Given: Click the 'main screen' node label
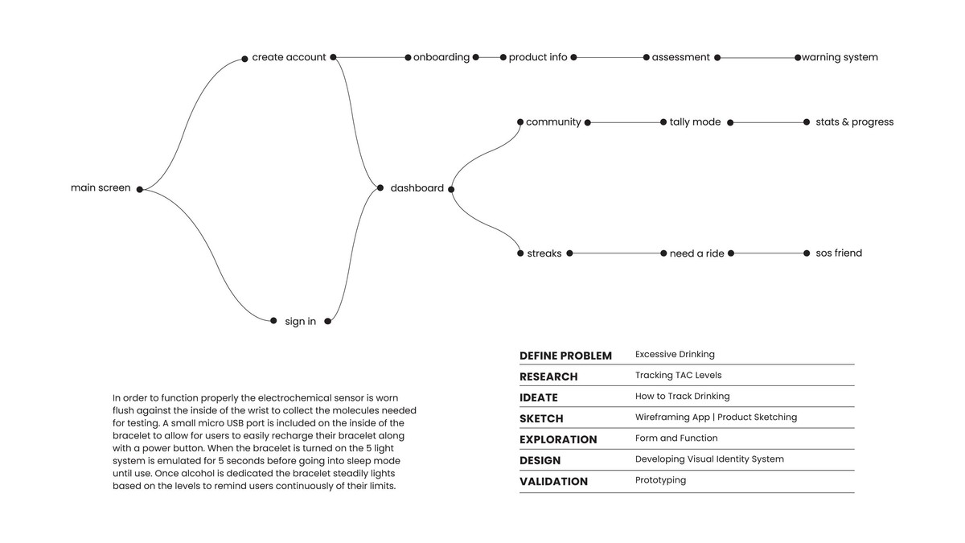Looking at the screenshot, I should (x=101, y=188).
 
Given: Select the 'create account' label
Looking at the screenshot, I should (x=289, y=57).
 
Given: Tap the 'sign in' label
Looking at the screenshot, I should (x=300, y=321).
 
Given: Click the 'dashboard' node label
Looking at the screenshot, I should (x=417, y=188).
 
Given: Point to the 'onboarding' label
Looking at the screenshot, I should (x=441, y=57).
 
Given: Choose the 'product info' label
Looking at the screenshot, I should (x=537, y=57).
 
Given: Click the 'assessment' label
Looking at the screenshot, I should (x=680, y=57).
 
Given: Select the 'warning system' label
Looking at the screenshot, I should (x=840, y=57).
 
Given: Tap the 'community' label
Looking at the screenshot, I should (x=552, y=122).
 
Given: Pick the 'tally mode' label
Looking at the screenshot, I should (x=695, y=122).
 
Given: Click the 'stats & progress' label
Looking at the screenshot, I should (x=854, y=122).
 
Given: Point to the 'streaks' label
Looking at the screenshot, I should (x=544, y=253).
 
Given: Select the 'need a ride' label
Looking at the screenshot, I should (x=696, y=253).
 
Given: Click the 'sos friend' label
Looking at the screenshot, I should (x=838, y=253).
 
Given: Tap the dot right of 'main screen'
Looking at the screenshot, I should (x=139, y=190).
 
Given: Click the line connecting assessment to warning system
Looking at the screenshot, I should (x=756, y=58).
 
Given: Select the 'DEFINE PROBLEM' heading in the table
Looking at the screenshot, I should (x=565, y=356).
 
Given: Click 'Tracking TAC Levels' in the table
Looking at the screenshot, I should (x=678, y=375).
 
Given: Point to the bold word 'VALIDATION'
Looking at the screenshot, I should (x=553, y=481).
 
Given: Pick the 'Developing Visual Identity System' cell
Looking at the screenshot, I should (x=708, y=459).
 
